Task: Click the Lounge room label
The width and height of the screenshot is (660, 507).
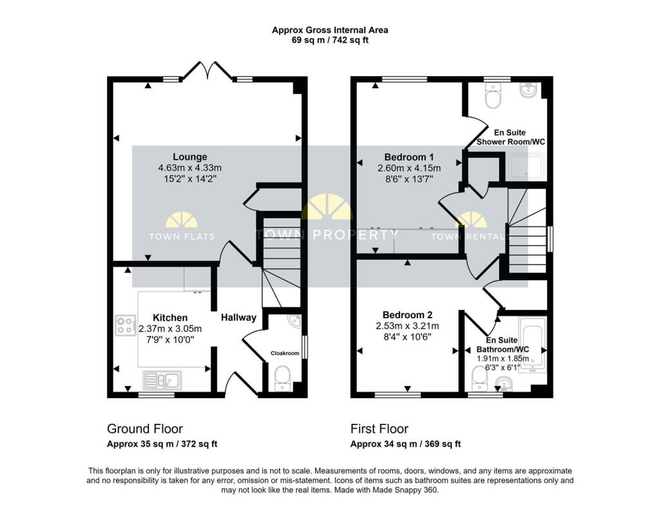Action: pyautogui.click(x=190, y=157)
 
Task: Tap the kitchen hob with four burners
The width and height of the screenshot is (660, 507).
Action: pyautogui.click(x=126, y=325)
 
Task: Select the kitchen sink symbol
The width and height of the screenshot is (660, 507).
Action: pyautogui.click(x=162, y=380)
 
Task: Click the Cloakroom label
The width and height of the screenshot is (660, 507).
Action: pyautogui.click(x=285, y=353)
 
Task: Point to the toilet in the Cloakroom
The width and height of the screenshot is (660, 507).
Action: pyautogui.click(x=282, y=378)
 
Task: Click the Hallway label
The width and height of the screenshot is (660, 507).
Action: pyautogui.click(x=238, y=318)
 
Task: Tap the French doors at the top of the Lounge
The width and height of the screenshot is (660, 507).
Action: pyautogui.click(x=207, y=71)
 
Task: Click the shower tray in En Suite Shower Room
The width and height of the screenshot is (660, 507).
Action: pyautogui.click(x=526, y=167)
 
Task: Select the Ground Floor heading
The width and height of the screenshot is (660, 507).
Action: pyautogui.click(x=145, y=429)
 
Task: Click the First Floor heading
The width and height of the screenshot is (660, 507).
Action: pyautogui.click(x=379, y=429)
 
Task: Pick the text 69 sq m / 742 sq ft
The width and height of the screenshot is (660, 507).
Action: pyautogui.click(x=330, y=41)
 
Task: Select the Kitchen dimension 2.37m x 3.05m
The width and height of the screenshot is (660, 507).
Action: pyautogui.click(x=170, y=329)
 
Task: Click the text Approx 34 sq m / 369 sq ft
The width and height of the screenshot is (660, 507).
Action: pyautogui.click(x=406, y=444)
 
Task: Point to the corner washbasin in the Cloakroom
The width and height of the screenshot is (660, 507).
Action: pyautogui.click(x=295, y=321)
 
